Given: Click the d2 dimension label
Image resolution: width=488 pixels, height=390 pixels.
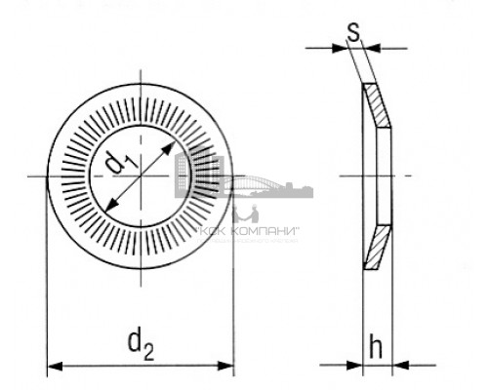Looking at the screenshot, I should pyautogui.click(x=140, y=342).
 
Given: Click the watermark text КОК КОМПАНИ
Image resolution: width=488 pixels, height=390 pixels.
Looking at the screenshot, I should pyautogui.click(x=248, y=231).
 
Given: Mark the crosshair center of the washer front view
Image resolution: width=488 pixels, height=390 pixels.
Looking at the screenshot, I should pyautogui.click(x=142, y=176).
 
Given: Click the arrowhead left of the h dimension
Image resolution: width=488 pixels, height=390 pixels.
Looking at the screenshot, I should pyautogui.click(x=355, y=367).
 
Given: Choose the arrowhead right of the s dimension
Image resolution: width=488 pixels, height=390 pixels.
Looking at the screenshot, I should pyautogui.click(x=376, y=48).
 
